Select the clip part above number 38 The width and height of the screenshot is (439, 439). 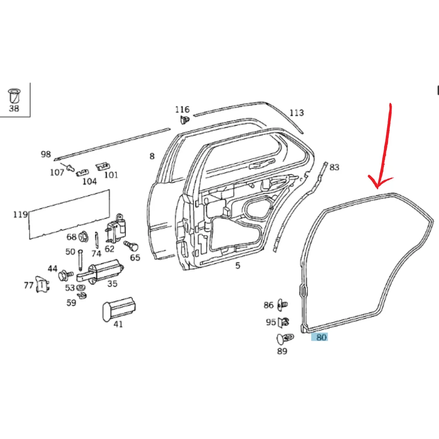[x=14, y=96]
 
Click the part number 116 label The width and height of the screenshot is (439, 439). [x=182, y=109]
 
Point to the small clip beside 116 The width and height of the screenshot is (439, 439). [x=185, y=120]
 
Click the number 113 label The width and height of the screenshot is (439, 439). [x=296, y=113]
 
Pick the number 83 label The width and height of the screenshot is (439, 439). [x=334, y=167]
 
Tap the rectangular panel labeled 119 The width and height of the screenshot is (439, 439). [x=69, y=214]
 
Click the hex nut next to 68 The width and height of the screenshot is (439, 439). [x=83, y=237]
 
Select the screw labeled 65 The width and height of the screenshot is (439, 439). [x=131, y=246]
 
